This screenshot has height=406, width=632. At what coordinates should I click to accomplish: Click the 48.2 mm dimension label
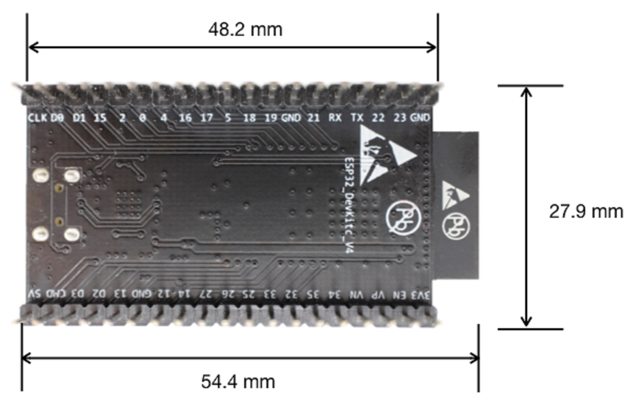[245, 29]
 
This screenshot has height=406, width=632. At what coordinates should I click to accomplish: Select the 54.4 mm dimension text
[238, 381]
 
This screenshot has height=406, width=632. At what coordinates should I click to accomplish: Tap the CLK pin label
[37, 118]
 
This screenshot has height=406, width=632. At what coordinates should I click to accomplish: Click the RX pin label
[335, 118]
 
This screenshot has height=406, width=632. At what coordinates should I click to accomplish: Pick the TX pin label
[356, 118]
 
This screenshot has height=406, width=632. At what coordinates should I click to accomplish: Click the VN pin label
[357, 295]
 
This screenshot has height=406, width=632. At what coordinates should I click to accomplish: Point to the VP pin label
[379, 295]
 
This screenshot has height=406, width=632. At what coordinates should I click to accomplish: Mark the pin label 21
[313, 118]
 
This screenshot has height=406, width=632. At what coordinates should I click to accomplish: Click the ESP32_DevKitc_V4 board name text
[348, 205]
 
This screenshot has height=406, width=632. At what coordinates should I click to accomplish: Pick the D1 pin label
[79, 118]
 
